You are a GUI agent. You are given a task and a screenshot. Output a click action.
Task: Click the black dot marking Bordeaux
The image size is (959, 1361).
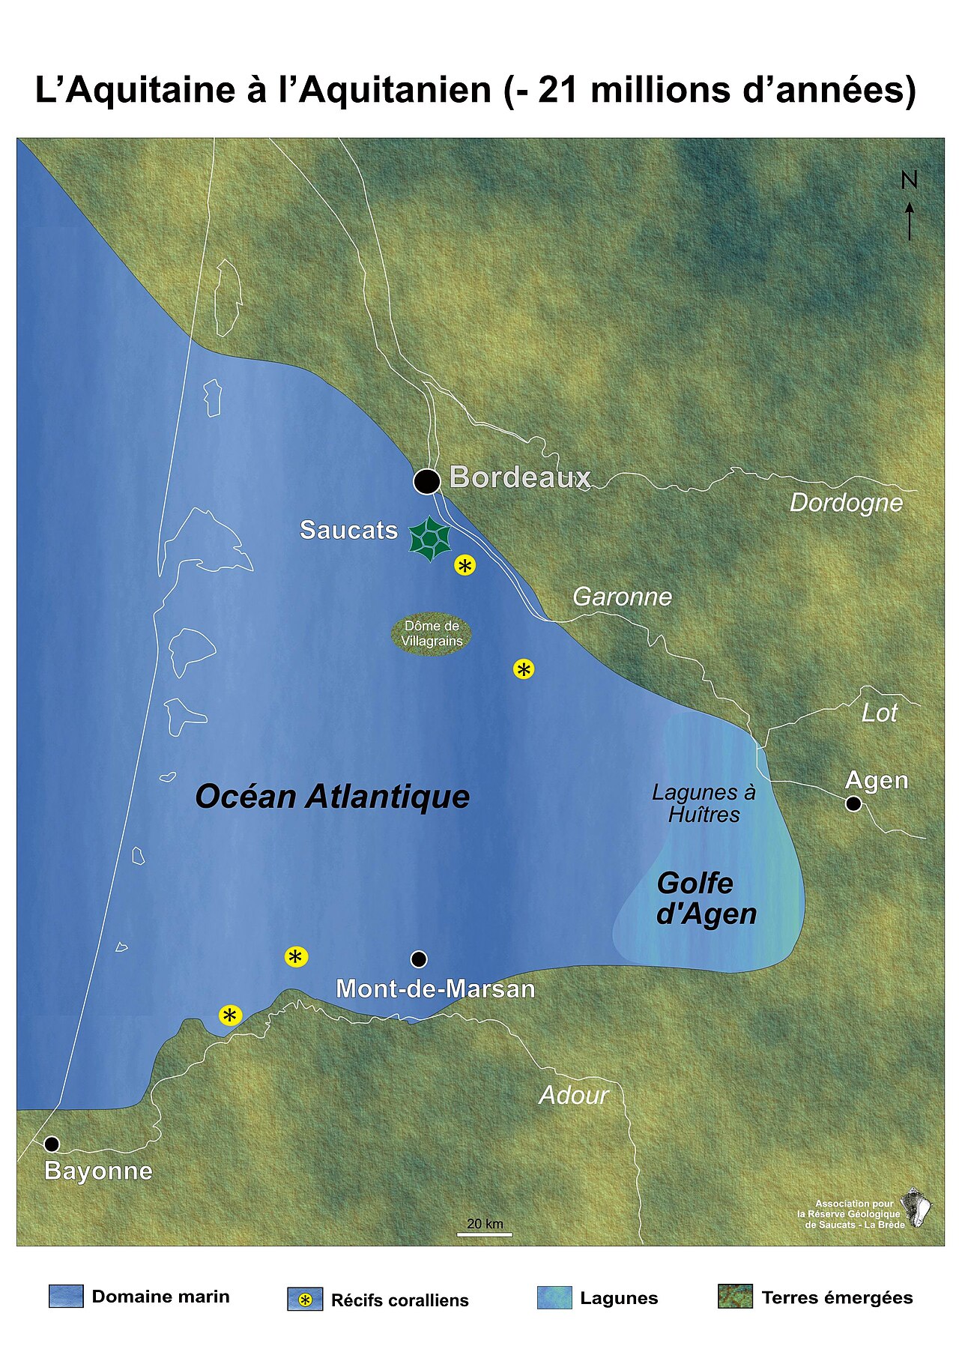click(427, 481)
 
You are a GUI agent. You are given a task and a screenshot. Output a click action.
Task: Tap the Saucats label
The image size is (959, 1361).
click(348, 530)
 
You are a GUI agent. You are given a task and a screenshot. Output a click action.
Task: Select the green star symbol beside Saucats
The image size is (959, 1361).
click(429, 538)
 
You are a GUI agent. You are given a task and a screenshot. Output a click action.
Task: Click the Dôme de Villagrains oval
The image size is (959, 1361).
click(432, 634)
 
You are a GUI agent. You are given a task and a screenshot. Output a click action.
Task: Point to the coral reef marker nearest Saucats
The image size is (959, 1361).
click(465, 566)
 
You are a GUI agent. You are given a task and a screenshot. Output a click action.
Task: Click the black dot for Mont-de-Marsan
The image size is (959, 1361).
click(419, 959)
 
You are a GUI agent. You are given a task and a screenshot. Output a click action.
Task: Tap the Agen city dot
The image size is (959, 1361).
click(853, 803)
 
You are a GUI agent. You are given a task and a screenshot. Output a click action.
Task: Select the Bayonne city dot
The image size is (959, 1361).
click(52, 1144)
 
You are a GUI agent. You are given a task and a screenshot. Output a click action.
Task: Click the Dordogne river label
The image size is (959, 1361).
click(846, 503)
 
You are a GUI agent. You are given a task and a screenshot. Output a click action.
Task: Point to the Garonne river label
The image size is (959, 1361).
click(622, 597)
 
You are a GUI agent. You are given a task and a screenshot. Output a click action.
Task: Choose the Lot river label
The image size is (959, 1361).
click(879, 713)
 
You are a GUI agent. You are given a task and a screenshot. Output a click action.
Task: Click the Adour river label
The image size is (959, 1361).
click(573, 1096)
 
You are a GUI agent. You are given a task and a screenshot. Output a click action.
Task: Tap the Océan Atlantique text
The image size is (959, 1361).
click(332, 797)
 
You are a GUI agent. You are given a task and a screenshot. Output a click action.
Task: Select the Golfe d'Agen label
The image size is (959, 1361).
click(706, 899)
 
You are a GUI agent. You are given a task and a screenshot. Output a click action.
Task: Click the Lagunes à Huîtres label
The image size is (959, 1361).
click(704, 803)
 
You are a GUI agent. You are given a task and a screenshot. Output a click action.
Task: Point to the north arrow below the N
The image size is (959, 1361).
click(910, 221)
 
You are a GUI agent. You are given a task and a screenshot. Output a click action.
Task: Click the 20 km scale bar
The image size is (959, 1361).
click(484, 1234)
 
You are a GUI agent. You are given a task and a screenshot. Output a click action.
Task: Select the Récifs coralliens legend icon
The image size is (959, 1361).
click(305, 1300)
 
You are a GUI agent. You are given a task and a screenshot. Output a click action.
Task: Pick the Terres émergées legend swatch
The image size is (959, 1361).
click(735, 1297)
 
